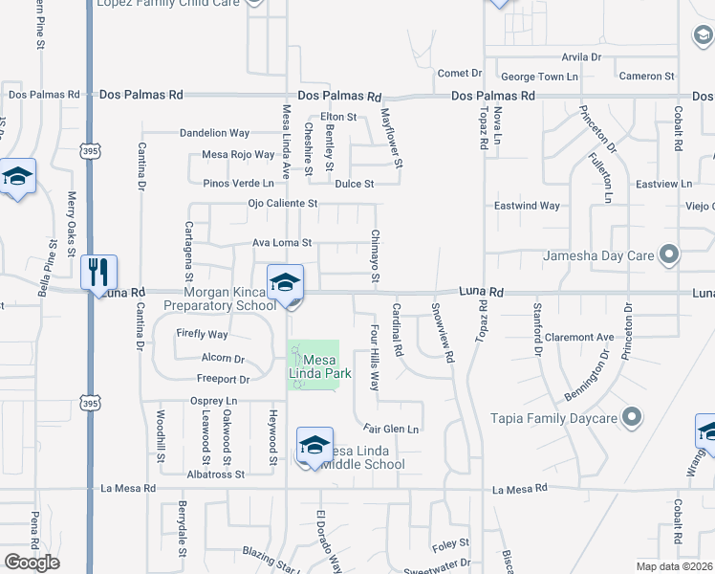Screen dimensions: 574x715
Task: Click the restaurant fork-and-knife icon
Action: click(x=99, y=273)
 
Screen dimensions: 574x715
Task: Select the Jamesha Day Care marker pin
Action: click(x=669, y=255)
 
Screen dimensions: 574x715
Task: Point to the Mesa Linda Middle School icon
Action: click(x=314, y=446)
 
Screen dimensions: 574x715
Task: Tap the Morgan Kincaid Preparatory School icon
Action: click(x=285, y=283)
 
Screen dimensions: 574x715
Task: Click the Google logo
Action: click(x=32, y=563)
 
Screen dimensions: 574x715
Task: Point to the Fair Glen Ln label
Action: click(x=391, y=429)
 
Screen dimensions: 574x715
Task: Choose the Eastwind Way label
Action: click(x=527, y=206)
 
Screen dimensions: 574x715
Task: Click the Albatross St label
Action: click(x=216, y=474)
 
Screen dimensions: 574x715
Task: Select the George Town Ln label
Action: click(x=540, y=76)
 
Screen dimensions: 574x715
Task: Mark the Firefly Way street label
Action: click(x=203, y=335)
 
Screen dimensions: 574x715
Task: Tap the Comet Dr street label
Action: click(x=460, y=73)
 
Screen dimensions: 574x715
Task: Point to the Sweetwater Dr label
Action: click(x=438, y=567)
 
